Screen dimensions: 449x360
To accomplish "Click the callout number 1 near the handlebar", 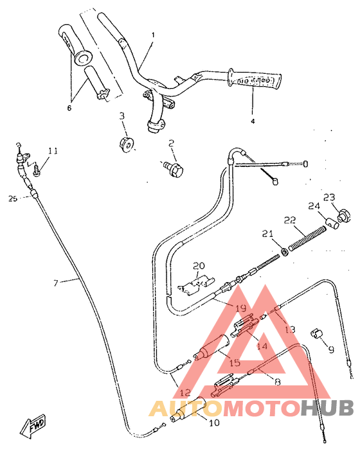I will click(x=153, y=35).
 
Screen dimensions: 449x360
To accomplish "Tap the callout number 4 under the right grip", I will click(x=252, y=121).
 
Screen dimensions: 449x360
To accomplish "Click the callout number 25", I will click(x=12, y=198).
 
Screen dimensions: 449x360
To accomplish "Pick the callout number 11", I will click(x=53, y=151).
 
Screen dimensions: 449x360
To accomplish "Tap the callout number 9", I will click(x=331, y=350).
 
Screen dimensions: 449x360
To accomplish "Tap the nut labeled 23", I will click(x=343, y=215).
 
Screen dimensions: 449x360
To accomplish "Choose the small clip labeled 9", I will click(x=318, y=333).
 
